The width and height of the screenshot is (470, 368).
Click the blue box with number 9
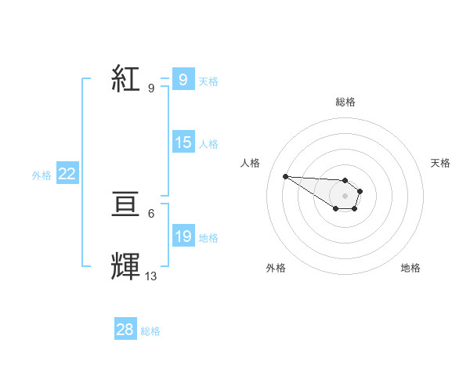tap(183, 79)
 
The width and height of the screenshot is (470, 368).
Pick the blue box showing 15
tap(183, 143)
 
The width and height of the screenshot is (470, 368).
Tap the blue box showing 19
tap(183, 236)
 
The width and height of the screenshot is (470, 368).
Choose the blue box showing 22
tap(67, 175)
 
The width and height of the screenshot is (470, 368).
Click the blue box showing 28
tap(125, 330)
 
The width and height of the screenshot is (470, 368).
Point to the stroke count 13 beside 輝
tap(151, 276)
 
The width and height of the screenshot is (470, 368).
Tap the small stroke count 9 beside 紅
tap(151, 88)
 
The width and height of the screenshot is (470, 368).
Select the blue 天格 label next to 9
tap(208, 81)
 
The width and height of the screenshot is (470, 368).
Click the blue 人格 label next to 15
tap(208, 144)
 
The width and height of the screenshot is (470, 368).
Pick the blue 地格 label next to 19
tap(208, 238)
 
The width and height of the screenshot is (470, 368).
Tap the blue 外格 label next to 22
tap(42, 176)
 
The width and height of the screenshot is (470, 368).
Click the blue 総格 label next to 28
tap(150, 331)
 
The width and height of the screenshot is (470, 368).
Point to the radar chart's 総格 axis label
tap(345, 102)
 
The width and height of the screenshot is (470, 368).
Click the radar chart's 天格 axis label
tap(441, 163)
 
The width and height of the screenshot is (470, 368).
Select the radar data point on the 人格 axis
tap(285, 176)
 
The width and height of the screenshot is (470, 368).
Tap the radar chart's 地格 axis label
tap(410, 268)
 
